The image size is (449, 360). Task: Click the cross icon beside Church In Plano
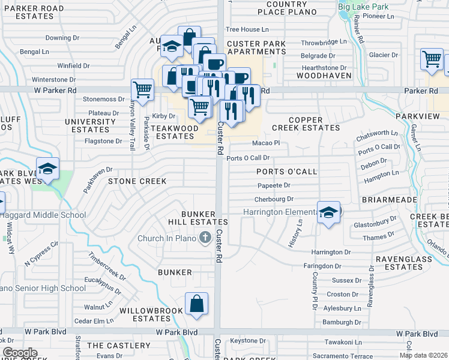point(205,238)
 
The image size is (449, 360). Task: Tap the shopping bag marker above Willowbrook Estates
point(197,304)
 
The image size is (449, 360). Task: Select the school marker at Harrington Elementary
point(328,213)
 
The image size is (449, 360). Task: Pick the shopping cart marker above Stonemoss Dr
point(143,90)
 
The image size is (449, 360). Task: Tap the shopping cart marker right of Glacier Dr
point(432,59)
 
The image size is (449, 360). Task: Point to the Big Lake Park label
point(363,7)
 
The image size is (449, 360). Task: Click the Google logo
point(20,353)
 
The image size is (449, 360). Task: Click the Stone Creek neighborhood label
point(136,181)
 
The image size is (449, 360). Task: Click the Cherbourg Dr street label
point(274,199)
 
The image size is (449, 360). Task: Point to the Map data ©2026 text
point(423,355)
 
